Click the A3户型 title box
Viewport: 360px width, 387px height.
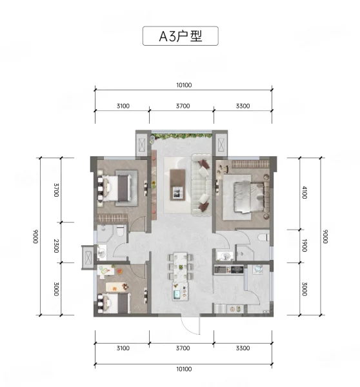point(180,35)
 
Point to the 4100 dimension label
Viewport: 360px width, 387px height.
point(305,192)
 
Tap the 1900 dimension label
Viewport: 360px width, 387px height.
point(305,245)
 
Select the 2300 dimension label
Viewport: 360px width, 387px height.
point(56,246)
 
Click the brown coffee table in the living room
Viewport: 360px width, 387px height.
point(178,184)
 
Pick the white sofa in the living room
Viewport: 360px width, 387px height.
point(201,184)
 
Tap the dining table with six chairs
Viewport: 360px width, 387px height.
point(181,267)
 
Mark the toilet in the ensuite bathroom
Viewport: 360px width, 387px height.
point(263,237)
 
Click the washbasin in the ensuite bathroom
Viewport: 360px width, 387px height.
point(225,255)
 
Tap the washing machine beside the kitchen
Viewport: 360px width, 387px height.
point(258,269)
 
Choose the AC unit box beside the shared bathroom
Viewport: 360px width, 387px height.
point(88,257)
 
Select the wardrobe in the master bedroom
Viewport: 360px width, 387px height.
point(250,164)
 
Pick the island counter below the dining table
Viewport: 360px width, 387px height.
point(180,292)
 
